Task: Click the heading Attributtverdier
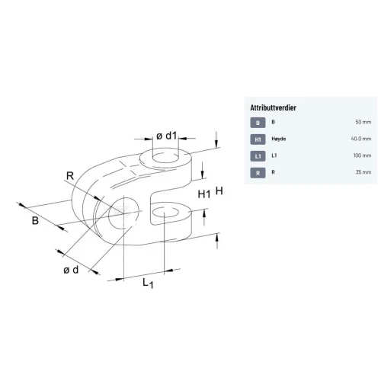point(273,107)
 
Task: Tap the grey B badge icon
point(258,123)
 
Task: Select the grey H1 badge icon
point(258,139)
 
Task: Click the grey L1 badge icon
point(258,156)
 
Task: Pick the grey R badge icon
point(258,173)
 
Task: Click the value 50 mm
point(363,122)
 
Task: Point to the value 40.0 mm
point(361,139)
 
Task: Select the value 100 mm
point(362,155)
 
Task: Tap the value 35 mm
point(363,172)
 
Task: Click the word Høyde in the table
point(279,139)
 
